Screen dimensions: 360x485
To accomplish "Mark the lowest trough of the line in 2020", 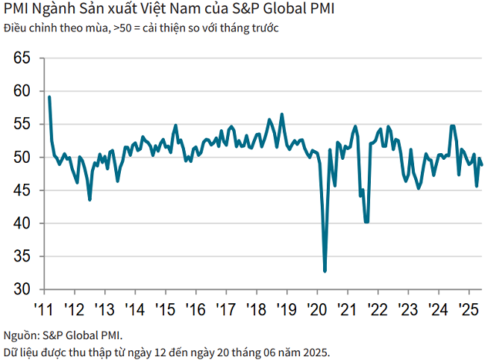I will point(325,271).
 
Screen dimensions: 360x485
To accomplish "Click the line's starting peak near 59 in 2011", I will point(49,97).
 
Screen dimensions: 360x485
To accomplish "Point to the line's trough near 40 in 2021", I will point(366,222).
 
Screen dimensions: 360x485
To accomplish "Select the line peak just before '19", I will point(281,114).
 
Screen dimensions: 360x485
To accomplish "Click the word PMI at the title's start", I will point(16,10).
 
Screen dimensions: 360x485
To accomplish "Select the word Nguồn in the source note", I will point(20,335).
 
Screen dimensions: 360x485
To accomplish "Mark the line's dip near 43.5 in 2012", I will point(90,199).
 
